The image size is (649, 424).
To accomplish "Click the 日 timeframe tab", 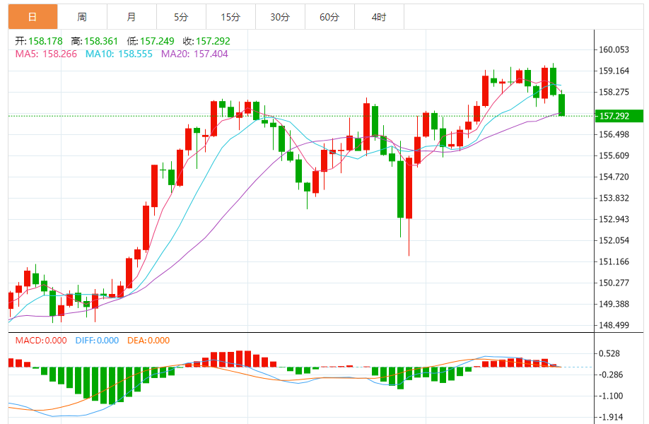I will tap(33, 17).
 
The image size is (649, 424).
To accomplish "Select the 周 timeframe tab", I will tap(82, 17).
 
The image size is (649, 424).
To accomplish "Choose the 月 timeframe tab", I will tap(131, 17).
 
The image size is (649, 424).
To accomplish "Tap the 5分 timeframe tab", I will tap(181, 17).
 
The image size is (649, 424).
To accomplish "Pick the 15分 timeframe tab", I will tap(230, 17).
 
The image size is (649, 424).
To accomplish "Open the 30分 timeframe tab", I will tap(280, 17).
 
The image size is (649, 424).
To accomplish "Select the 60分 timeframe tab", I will tap(329, 17).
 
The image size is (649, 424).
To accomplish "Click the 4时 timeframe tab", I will tap(379, 17).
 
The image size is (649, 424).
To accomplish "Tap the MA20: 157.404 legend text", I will tap(194, 53).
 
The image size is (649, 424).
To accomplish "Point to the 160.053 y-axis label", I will tap(614, 49).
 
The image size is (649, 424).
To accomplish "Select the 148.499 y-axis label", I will tap(614, 325).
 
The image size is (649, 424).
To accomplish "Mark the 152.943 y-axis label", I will tap(614, 219).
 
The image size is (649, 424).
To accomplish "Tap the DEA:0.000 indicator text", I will tap(148, 340).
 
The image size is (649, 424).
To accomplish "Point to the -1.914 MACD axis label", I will tap(612, 418).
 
